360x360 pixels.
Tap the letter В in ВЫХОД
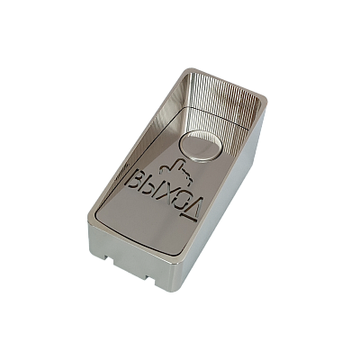tap(136, 179)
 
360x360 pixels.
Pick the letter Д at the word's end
tap(194, 209)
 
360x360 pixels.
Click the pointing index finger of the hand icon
tap(179, 164)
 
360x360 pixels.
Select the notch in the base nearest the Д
tap(151, 278)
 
